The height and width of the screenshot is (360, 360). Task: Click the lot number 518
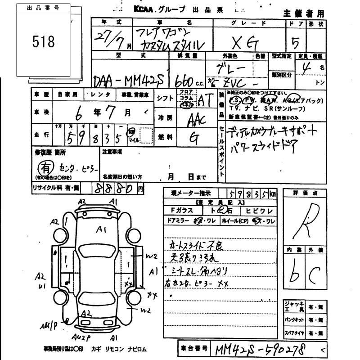click(44, 42)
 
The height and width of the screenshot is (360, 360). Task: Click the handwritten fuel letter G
click(194, 139)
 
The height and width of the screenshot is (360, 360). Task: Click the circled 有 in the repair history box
click(43, 167)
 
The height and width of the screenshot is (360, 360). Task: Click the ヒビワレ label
click(260, 211)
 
